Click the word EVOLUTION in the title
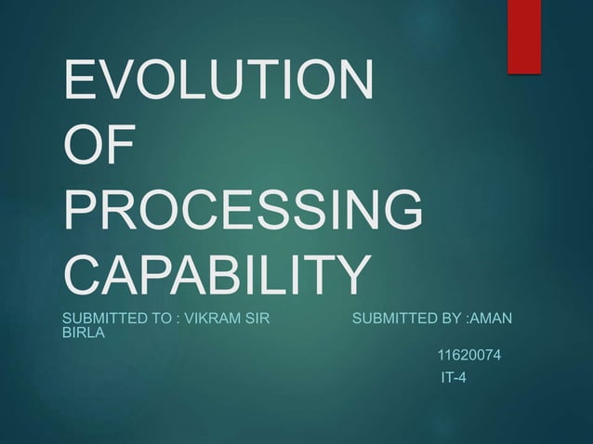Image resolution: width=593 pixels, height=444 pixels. (x=218, y=81)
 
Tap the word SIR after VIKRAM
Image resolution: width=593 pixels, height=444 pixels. (x=256, y=320)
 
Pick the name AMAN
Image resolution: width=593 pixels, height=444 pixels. (x=494, y=320)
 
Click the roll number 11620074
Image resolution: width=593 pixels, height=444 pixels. (x=468, y=355)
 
